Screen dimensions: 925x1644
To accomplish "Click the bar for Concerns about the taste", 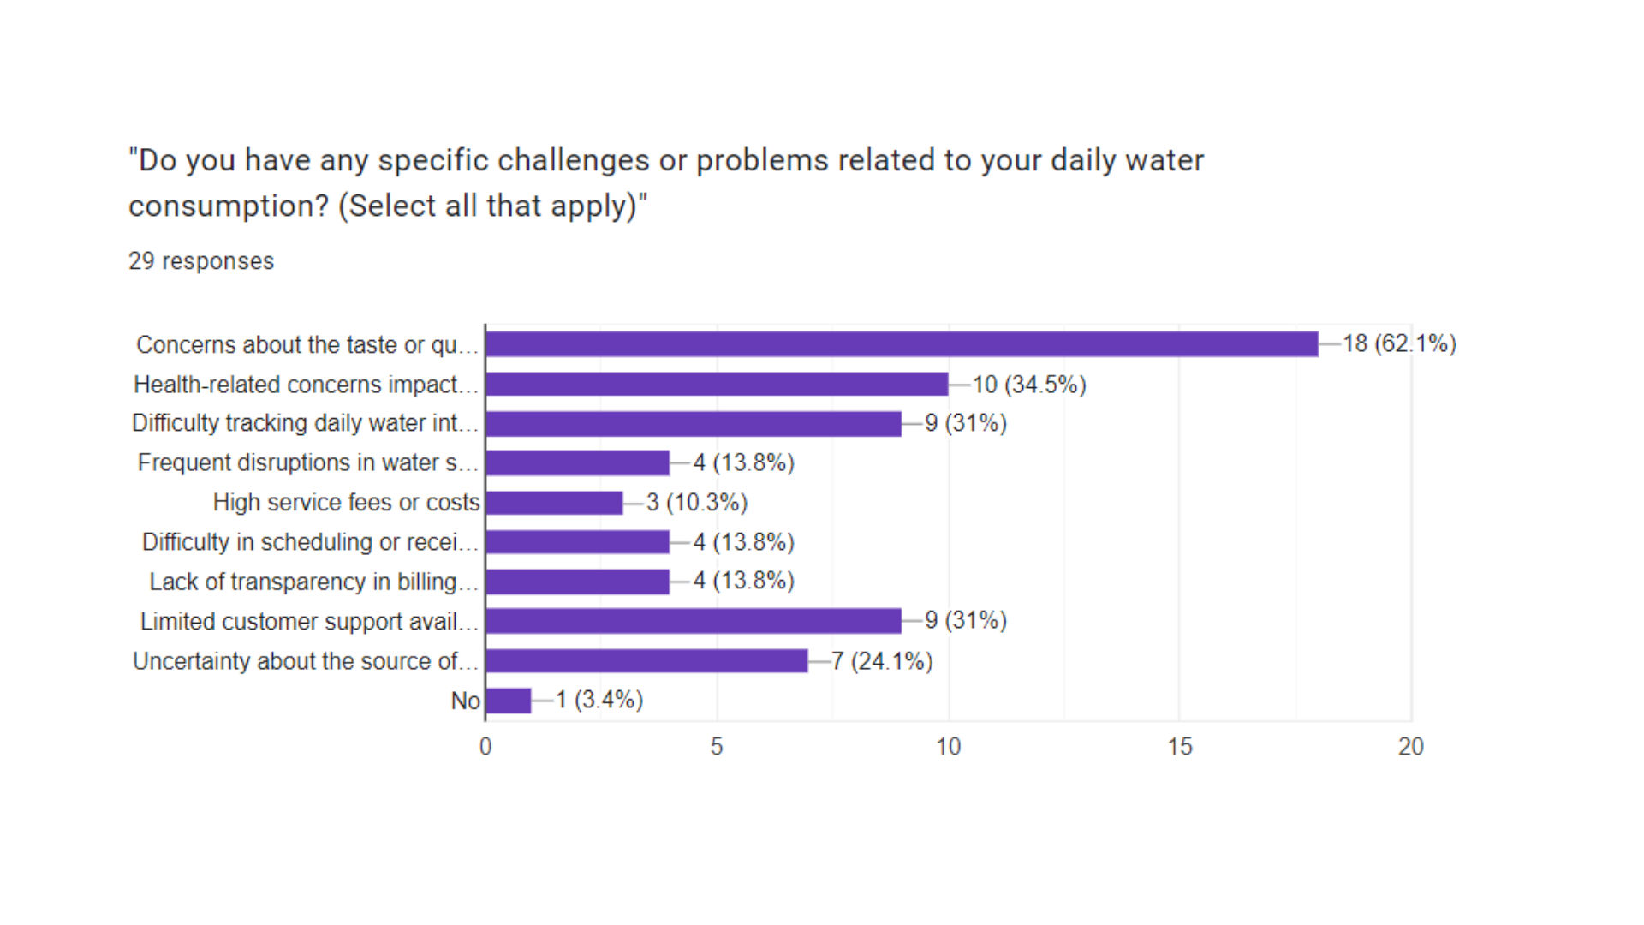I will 901,344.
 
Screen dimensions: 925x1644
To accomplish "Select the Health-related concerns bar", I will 717,384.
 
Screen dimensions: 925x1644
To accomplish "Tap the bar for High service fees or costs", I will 554,503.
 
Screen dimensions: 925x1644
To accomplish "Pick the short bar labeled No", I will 509,701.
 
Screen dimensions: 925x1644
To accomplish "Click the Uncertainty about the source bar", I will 646,661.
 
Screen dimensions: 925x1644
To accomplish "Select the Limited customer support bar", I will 694,621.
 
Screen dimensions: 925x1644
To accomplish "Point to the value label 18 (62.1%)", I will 1399,344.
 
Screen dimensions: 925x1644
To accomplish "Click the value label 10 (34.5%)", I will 1029,385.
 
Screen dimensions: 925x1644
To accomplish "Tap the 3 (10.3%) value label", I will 697,503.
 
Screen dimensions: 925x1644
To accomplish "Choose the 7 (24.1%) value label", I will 882,661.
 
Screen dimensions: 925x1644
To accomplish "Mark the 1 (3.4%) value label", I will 599,701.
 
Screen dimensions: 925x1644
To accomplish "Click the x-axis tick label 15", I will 1179,747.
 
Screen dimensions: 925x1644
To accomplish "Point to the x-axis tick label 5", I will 717,747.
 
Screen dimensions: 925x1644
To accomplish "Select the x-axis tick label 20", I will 1410,747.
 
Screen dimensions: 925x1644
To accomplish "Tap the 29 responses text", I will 201,261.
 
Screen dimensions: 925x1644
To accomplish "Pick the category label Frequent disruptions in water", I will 307,463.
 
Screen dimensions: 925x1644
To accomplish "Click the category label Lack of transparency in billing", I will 313,582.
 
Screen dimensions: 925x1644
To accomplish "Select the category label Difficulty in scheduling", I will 309,542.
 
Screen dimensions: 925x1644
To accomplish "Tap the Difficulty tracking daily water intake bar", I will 694,424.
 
